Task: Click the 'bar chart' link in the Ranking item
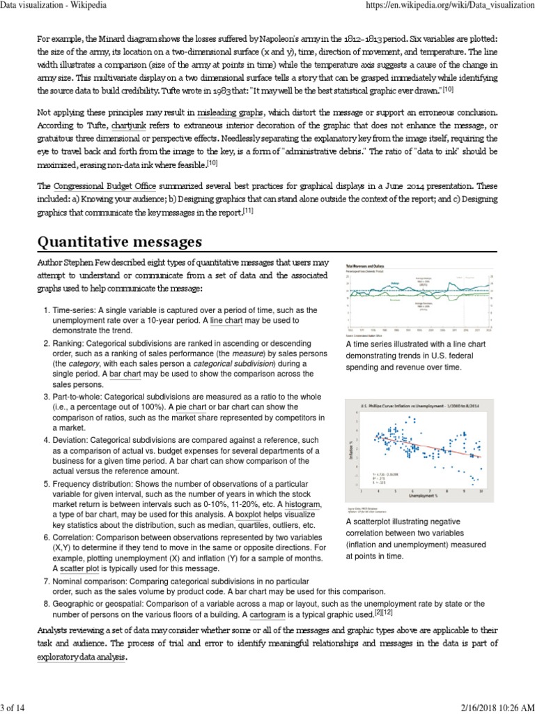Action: pos(125,374)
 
